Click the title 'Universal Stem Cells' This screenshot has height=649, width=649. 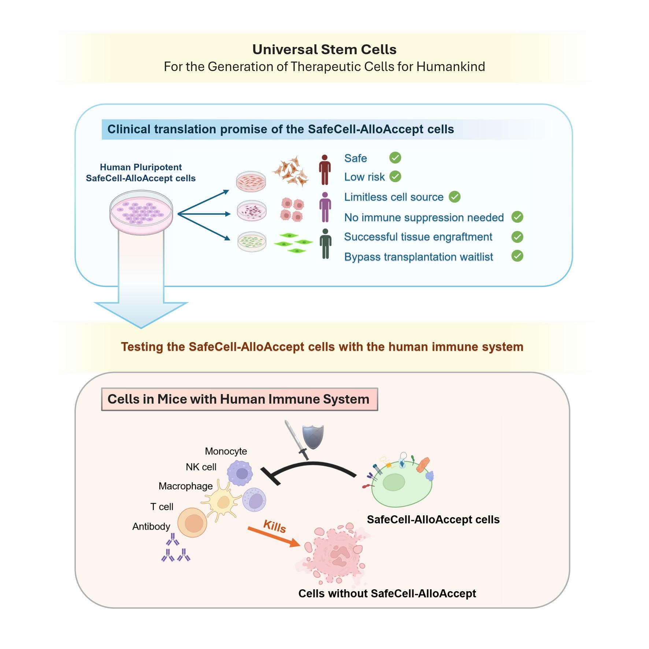[324, 49]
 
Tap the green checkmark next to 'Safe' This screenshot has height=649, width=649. [395, 158]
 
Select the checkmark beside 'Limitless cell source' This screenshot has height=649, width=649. [455, 197]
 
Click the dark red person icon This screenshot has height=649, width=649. [324, 170]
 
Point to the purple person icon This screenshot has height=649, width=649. [325, 207]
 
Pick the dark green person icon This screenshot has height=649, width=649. [325, 244]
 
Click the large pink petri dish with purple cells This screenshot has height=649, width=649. [141, 212]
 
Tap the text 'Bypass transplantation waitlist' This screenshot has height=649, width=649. [418, 257]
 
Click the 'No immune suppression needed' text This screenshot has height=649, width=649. [424, 218]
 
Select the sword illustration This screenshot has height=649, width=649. [296, 440]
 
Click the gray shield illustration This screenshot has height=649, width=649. [313, 436]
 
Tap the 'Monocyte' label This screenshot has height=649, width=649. [226, 451]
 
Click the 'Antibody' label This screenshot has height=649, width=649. [151, 526]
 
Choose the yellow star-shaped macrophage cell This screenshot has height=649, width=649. [223, 501]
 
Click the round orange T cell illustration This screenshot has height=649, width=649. [192, 522]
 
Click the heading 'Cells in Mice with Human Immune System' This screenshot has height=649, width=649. [238, 399]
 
